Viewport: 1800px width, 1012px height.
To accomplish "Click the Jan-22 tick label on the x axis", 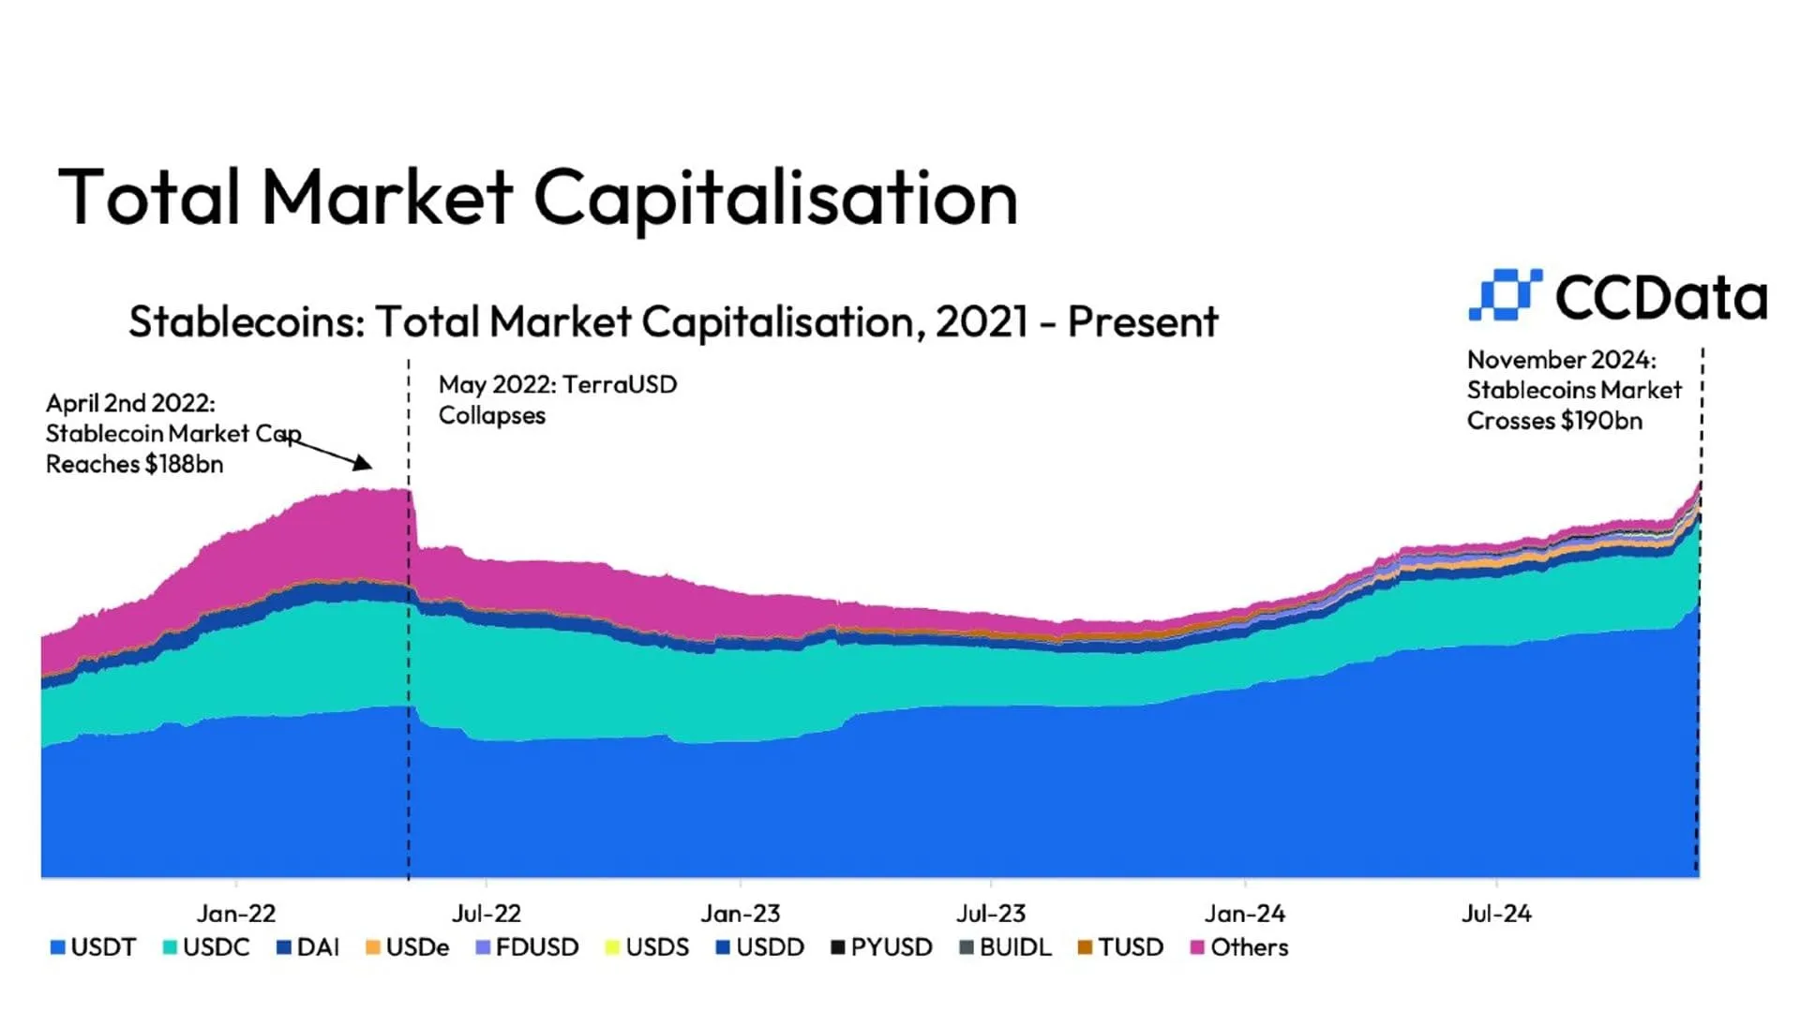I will coord(236,914).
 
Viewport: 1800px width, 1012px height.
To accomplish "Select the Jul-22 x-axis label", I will coord(486,914).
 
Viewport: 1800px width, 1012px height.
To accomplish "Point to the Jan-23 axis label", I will coord(741,914).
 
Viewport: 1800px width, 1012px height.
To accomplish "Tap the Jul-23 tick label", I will coord(991,914).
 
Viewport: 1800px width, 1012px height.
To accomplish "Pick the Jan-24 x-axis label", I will coord(1245,914).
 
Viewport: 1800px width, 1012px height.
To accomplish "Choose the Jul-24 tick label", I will coord(1496,914).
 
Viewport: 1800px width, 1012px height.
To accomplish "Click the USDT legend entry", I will coord(94,947).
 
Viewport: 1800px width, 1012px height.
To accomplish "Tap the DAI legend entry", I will coord(308,947).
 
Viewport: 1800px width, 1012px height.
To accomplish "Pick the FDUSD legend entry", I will coord(528,947).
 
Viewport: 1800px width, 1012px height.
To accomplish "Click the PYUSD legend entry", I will coord(881,947).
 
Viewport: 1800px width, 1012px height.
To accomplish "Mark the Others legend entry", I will coord(1239,947).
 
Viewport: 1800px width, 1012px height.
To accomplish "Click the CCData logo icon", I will coord(1505,295).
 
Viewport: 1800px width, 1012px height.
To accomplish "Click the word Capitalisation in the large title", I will coord(775,199).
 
